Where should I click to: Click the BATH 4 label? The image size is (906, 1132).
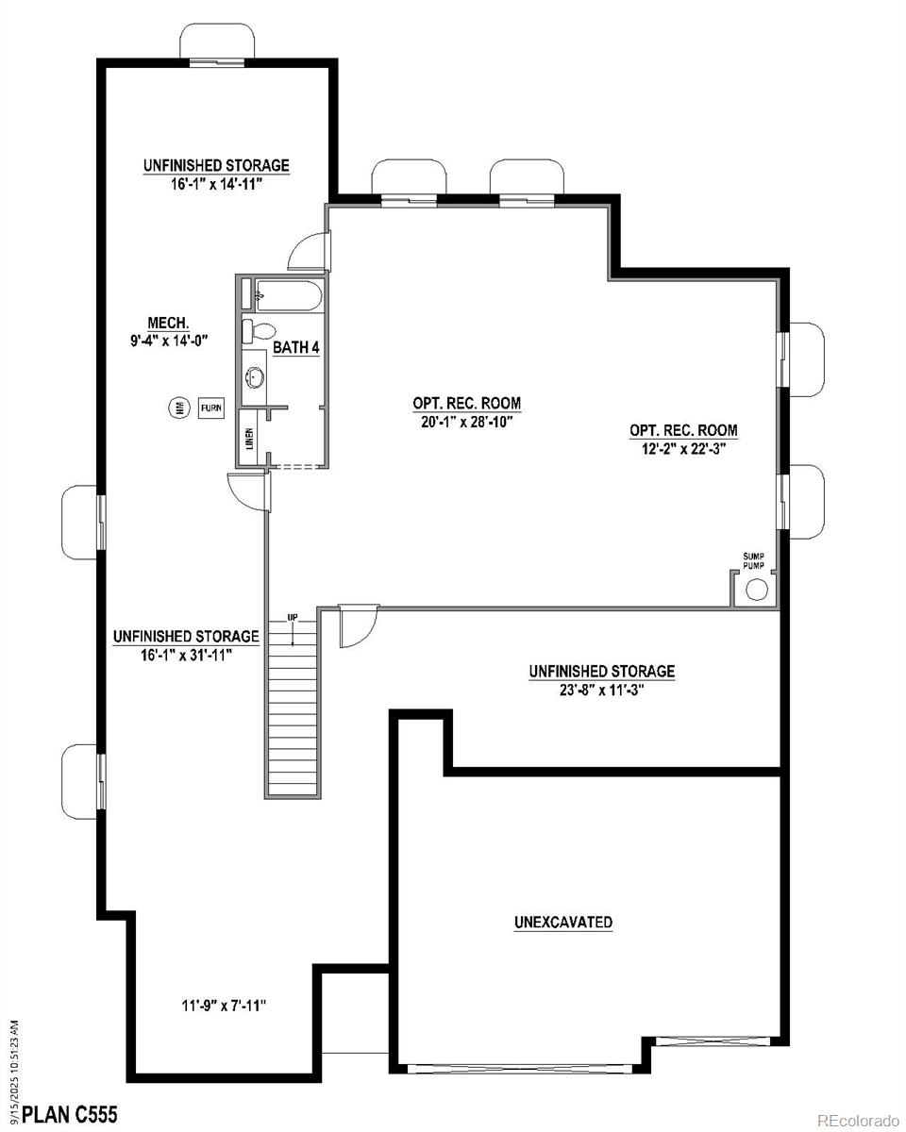pos(296,348)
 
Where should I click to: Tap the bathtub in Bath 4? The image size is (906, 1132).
pos(289,295)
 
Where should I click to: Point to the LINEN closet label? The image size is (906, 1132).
pos(249,438)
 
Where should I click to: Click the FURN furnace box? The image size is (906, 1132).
pos(211,408)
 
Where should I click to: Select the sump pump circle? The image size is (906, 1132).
pos(757,591)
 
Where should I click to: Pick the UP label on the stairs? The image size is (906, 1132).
pos(293,618)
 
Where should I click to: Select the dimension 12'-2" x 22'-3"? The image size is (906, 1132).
pos(683,447)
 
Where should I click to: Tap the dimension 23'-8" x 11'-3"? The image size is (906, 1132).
pos(601,689)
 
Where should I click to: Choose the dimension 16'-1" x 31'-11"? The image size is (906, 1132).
pos(186,653)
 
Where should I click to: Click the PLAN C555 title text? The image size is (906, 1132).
pos(70,1115)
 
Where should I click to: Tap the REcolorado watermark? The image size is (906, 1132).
pos(858,1120)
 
